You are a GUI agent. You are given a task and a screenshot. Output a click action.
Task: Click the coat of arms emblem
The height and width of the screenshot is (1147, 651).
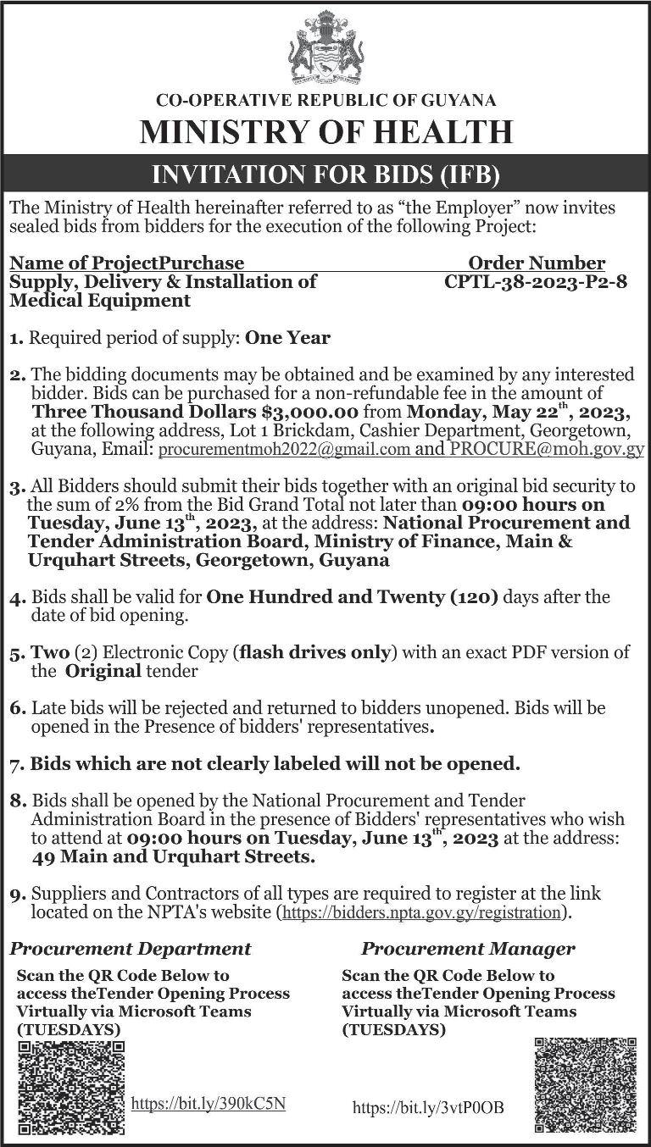click(x=325, y=47)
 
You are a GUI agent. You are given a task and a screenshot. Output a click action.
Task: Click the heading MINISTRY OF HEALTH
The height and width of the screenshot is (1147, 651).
click(x=325, y=133)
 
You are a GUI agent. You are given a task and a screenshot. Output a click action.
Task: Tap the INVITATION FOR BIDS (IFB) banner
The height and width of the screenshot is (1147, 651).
click(x=325, y=175)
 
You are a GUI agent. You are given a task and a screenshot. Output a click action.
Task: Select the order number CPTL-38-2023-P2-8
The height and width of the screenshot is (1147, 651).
click(x=536, y=282)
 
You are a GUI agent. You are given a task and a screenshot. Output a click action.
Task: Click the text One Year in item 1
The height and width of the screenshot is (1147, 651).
click(x=287, y=337)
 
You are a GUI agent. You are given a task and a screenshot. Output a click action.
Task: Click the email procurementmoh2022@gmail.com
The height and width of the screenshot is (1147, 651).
click(x=285, y=450)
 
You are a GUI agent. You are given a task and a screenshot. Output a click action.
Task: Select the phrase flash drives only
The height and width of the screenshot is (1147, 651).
click(x=315, y=651)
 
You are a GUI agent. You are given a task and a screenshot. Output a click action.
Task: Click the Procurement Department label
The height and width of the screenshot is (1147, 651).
click(x=131, y=948)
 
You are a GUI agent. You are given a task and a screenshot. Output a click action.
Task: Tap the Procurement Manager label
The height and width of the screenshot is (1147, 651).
click(x=468, y=948)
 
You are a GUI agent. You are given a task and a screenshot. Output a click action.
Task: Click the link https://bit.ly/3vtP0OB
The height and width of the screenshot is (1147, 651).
click(x=427, y=1106)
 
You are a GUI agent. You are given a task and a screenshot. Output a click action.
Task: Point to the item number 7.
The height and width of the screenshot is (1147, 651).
click(x=14, y=765)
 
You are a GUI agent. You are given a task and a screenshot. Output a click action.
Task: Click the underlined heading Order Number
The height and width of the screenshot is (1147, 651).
click(x=537, y=263)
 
